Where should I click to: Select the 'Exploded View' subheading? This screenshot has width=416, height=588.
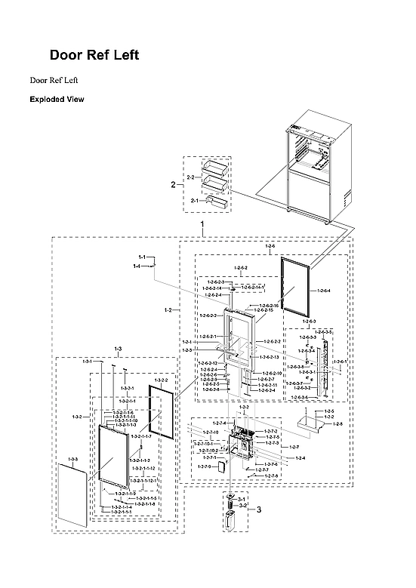click(x=57, y=99)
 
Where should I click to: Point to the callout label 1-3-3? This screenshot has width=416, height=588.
click(x=73, y=460)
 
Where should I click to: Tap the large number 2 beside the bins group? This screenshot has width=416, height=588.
click(x=173, y=184)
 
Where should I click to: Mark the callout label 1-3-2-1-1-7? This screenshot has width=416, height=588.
click(x=141, y=436)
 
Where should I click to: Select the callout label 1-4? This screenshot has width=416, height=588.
click(x=137, y=266)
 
